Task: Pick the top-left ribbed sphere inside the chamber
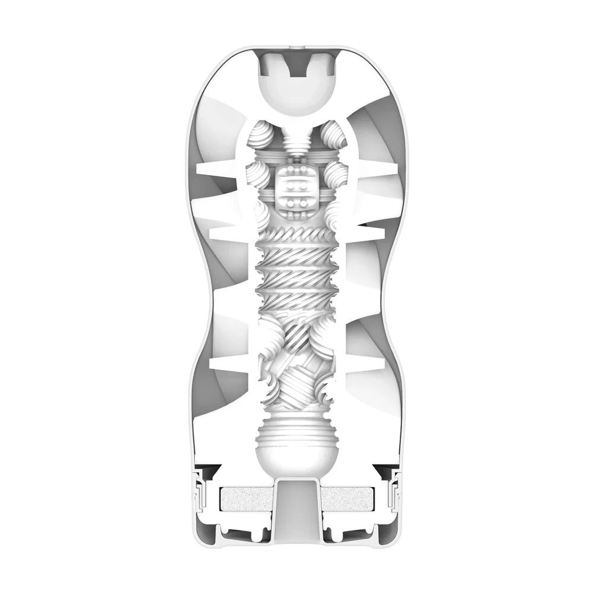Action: tap(262, 135)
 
